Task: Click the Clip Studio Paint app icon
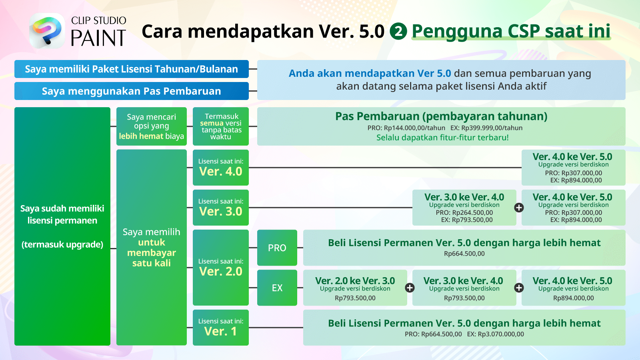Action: click(x=47, y=30)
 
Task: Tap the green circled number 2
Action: click(x=398, y=31)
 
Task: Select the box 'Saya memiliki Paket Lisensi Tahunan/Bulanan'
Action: click(x=132, y=69)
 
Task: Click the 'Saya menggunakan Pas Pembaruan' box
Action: click(x=132, y=91)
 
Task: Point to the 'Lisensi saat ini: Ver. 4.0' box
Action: click(x=220, y=168)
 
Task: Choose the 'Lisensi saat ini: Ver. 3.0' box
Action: click(x=220, y=208)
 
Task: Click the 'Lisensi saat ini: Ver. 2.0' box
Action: click(x=220, y=268)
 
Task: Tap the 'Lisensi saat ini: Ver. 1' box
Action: click(x=220, y=328)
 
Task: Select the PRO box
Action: click(x=277, y=248)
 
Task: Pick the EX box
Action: click(x=277, y=288)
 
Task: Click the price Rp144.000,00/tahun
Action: click(x=414, y=128)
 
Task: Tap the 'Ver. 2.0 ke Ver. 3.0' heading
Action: click(x=355, y=280)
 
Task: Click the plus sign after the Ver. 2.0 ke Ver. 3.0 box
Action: click(x=410, y=288)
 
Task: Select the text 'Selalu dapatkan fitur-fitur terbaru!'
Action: click(x=442, y=138)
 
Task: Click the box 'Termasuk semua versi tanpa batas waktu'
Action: click(x=220, y=126)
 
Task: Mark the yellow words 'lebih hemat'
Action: click(x=141, y=136)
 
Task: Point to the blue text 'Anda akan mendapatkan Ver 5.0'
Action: click(x=370, y=74)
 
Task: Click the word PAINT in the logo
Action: click(x=98, y=38)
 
